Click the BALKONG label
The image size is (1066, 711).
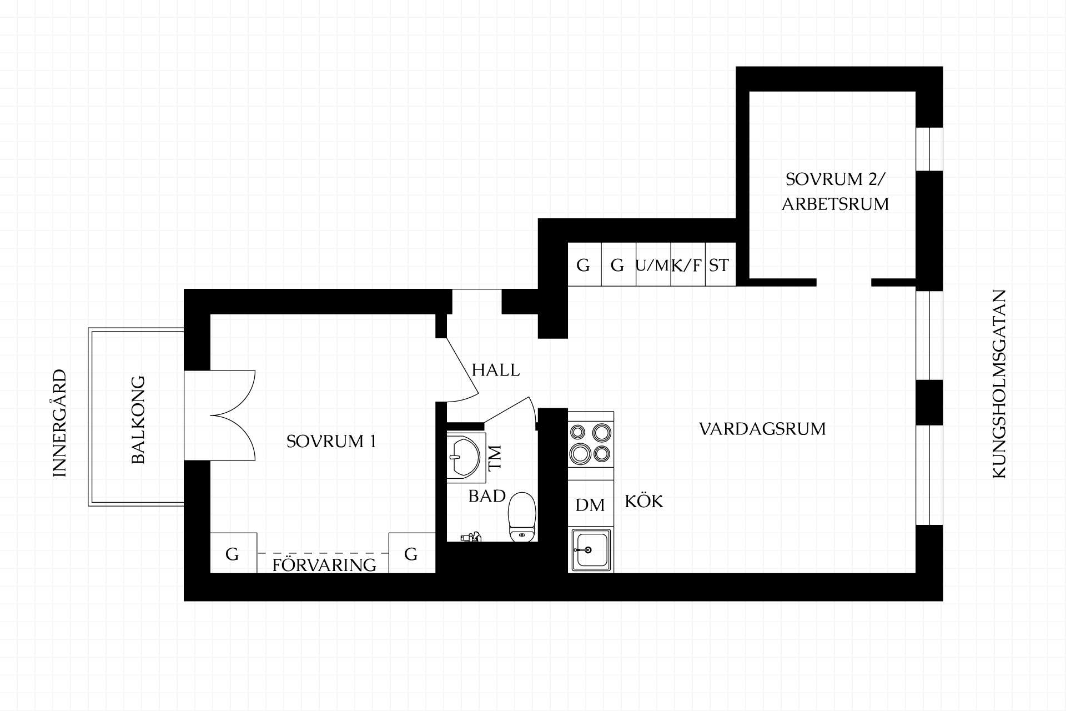138,420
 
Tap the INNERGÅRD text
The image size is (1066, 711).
59,423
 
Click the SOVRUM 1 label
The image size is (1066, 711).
331,442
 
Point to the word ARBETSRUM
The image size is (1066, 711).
836,204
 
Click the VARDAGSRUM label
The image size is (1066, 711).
762,429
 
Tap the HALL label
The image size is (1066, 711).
496,370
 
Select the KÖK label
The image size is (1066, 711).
644,501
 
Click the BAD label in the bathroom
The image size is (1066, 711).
487,496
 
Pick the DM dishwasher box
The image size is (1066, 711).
591,503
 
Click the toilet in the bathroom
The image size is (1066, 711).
522,517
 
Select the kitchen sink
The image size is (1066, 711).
591,549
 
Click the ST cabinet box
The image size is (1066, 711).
720,264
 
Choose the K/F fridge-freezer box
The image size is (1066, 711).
687,264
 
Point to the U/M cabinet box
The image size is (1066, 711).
653,264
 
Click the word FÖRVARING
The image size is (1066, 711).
324,565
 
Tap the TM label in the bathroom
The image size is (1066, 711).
494,458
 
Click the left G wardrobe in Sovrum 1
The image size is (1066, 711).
233,553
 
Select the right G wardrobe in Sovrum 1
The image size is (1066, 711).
411,553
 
